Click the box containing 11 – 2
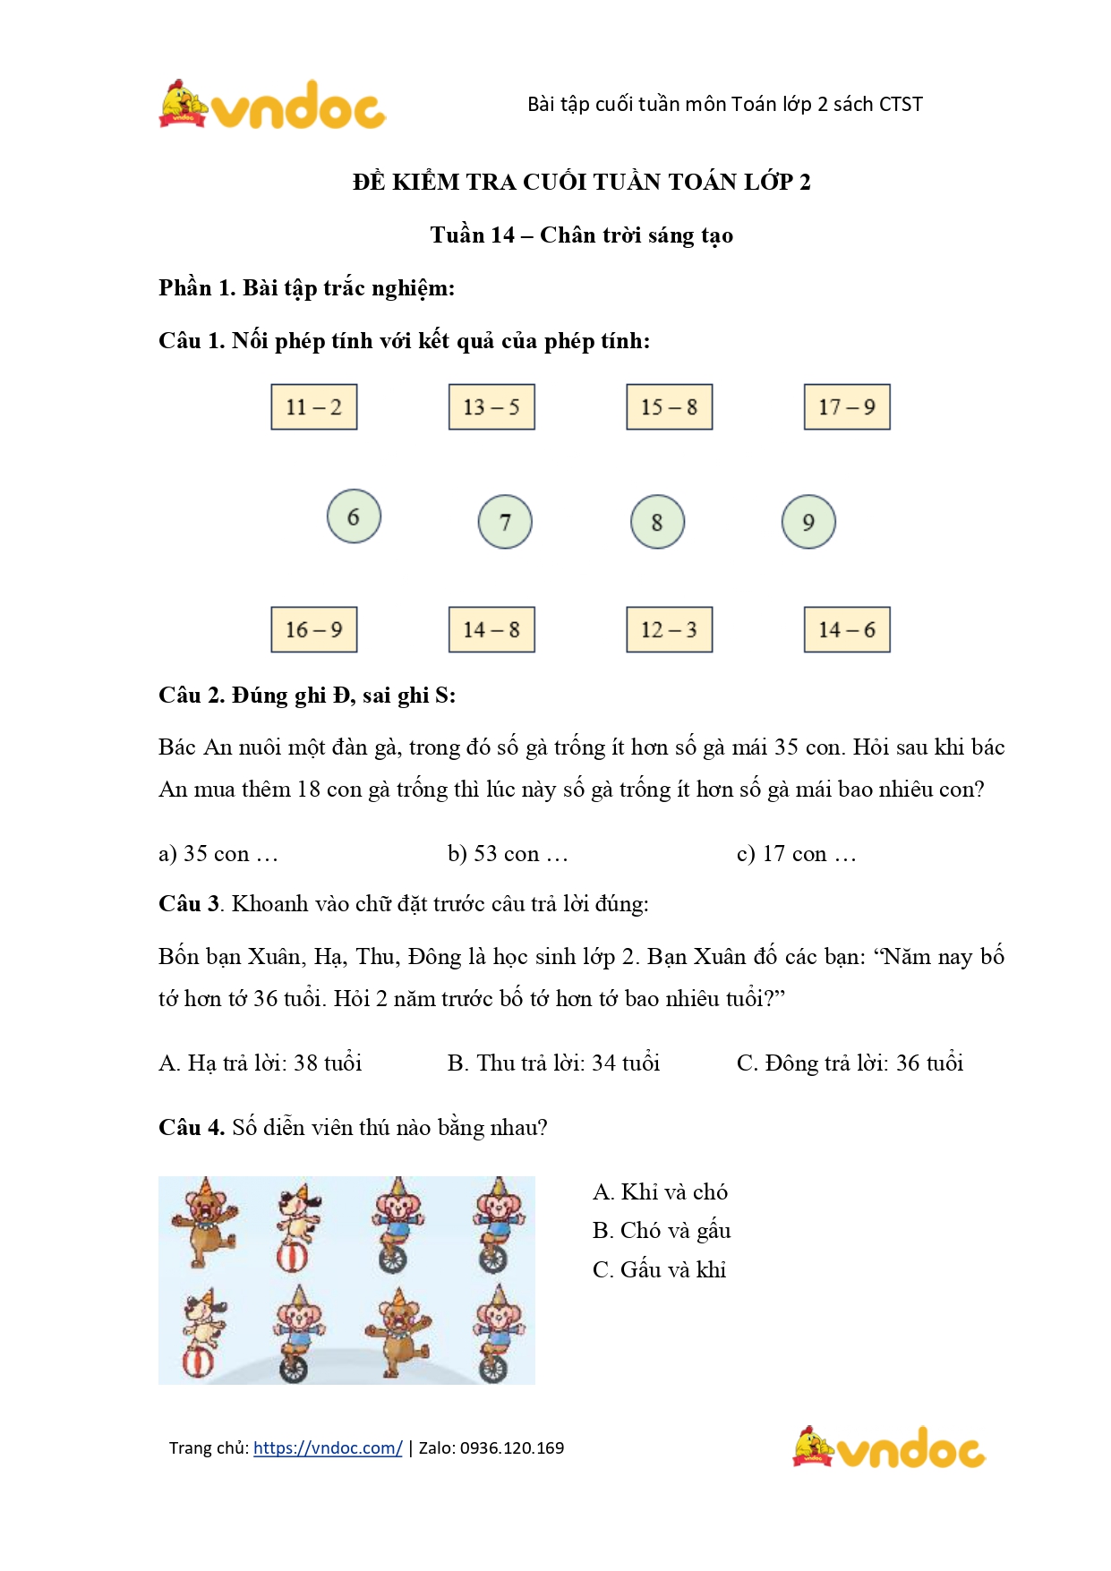click(314, 407)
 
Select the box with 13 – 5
click(491, 407)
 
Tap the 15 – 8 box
click(669, 407)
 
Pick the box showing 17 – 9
click(847, 407)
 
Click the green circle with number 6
click(354, 517)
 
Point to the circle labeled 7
click(505, 522)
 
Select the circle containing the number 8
click(657, 522)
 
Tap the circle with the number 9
click(808, 522)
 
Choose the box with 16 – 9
click(314, 629)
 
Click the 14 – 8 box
click(491, 629)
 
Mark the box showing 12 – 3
click(669, 629)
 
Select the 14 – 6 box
click(847, 629)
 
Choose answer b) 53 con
click(508, 854)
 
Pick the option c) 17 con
click(796, 854)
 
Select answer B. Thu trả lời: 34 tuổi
click(553, 1063)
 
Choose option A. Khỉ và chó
click(660, 1192)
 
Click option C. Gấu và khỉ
click(659, 1269)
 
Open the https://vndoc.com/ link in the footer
click(328, 1447)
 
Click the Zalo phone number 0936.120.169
click(512, 1447)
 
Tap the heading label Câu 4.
click(192, 1127)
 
